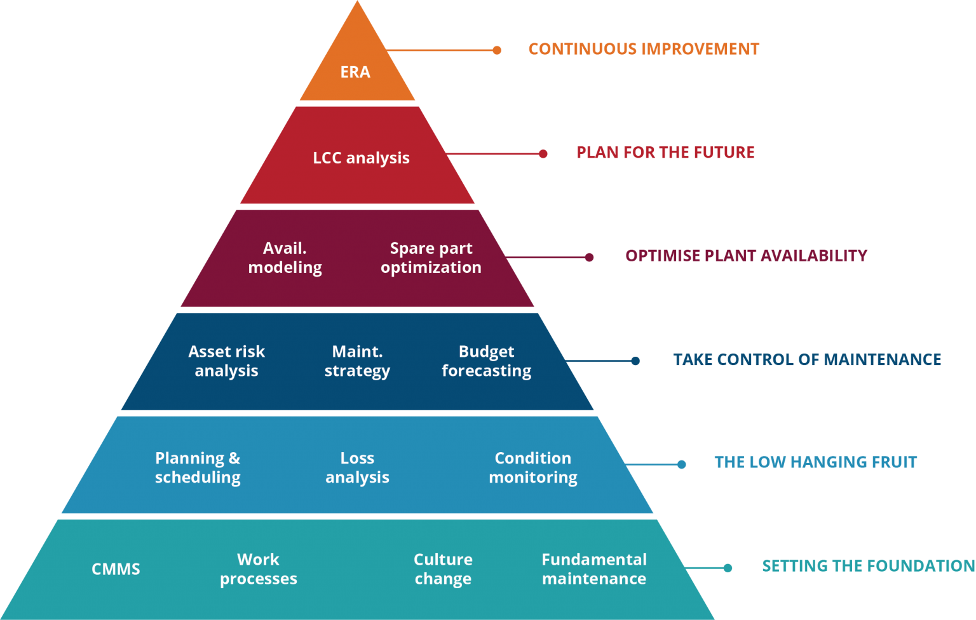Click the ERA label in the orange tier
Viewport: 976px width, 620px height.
[355, 72]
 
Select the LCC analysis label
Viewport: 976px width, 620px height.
[361, 158]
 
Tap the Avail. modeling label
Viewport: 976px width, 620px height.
[285, 258]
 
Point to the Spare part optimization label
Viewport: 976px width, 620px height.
[431, 258]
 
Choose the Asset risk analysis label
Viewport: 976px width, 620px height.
[226, 361]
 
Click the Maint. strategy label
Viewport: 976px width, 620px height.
[357, 361]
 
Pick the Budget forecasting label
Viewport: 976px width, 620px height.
[486, 361]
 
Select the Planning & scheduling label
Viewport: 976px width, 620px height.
[198, 467]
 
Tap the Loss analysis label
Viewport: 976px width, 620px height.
[357, 467]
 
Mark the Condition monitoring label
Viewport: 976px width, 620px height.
[533, 467]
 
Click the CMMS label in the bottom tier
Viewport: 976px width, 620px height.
[116, 569]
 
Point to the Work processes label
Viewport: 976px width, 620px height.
[259, 569]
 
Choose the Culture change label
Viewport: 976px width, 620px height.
[443, 569]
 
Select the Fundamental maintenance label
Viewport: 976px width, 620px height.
[594, 569]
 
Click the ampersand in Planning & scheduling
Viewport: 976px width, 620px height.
[234, 458]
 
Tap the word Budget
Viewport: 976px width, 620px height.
[486, 352]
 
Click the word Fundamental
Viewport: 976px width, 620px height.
[594, 560]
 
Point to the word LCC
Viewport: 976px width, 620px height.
[327, 158]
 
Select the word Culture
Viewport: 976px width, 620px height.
[443, 560]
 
